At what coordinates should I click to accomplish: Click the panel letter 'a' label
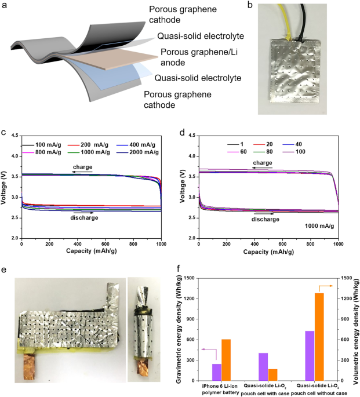5,6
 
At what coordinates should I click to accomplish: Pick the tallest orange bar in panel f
319,335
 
